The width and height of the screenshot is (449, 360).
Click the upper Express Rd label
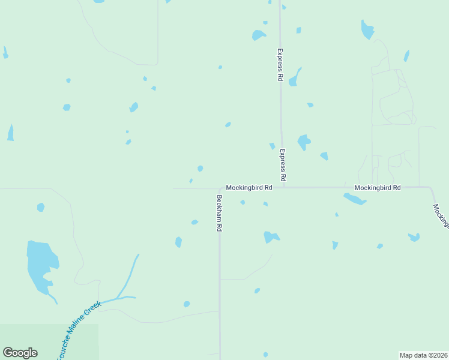(280, 65)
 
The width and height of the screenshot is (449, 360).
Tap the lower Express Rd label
(283, 166)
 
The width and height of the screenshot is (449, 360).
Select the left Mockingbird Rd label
(249, 188)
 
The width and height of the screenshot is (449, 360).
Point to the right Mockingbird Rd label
(377, 188)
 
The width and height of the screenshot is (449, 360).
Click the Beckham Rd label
(220, 214)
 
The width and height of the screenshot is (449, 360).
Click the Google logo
(20, 353)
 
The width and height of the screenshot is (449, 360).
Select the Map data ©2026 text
(423, 355)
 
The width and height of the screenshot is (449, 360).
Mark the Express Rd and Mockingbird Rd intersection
(282, 187)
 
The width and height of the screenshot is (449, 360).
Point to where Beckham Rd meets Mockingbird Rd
(220, 188)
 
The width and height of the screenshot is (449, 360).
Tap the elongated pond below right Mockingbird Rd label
(355, 199)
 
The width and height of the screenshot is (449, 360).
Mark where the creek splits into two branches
(116, 298)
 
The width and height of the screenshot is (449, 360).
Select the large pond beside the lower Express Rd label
(304, 142)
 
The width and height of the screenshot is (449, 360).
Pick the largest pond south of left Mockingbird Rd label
(271, 237)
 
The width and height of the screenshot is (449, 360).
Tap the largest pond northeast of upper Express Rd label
(367, 29)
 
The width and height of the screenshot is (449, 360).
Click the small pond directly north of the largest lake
(40, 208)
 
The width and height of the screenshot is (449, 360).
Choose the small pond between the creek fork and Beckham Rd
(187, 304)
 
